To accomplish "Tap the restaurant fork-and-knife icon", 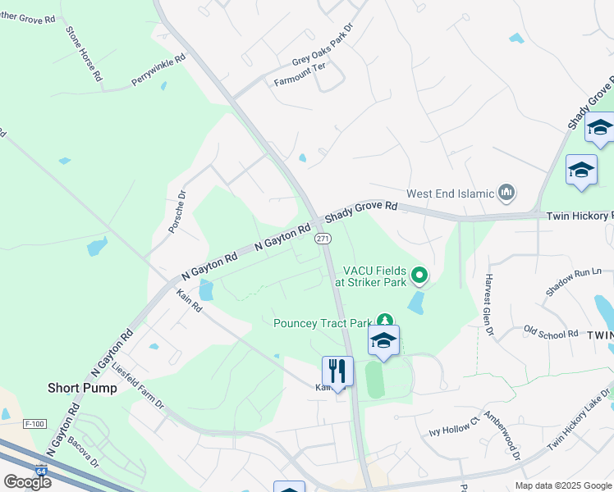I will tap(337, 370).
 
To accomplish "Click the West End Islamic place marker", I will tap(506, 194).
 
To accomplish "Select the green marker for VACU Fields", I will tap(420, 276).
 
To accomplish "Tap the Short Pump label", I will tap(82, 388).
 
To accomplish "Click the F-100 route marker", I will tap(34, 424).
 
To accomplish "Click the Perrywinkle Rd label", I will tap(158, 71).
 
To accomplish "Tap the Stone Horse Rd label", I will tap(85, 53).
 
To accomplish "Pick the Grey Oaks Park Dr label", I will tap(323, 50).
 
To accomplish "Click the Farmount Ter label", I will tap(300, 80).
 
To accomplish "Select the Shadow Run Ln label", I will tap(574, 279).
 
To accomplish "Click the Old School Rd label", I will tap(551, 332).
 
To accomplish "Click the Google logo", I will tap(27, 482).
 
